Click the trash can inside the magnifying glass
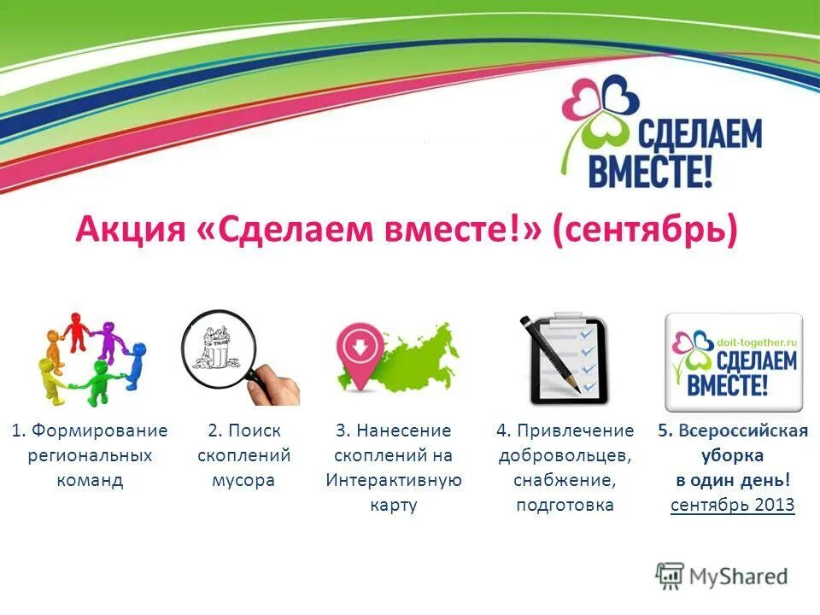pos(213,346)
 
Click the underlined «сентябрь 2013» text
pos(732,505)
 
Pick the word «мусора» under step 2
pos(243,480)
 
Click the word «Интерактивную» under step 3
pos(394,480)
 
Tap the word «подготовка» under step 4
pos(565,505)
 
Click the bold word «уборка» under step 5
pos(732,455)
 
